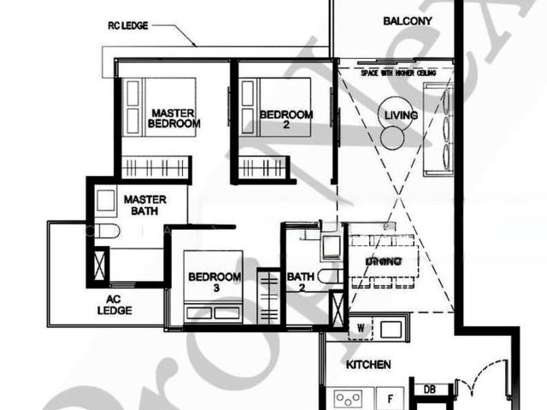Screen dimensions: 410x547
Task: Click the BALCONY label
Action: coord(408,20)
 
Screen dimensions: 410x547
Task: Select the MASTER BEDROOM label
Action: coord(174,118)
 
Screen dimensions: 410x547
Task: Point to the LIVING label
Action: coord(400,114)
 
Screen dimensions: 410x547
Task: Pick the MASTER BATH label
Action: coord(144,205)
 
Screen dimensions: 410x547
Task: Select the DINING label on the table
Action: coord(384,261)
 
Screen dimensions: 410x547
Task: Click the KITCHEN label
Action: coord(368,365)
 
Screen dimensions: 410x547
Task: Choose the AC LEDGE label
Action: coord(119,305)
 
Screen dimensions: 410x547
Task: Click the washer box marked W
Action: coord(362,327)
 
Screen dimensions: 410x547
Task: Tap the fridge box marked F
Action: coord(391,398)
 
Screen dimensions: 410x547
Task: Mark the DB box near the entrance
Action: coord(429,389)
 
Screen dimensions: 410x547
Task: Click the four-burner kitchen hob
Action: coord(350,399)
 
